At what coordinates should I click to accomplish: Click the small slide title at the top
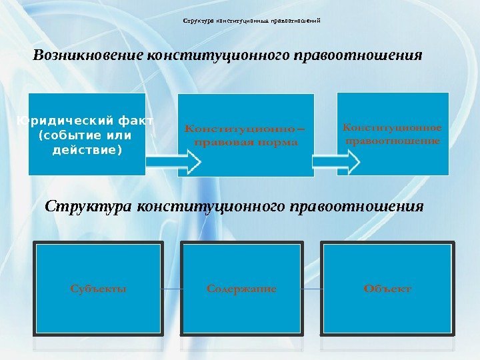coord(252,21)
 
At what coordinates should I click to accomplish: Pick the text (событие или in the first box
coord(86,135)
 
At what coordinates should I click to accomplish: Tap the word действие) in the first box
coord(87,149)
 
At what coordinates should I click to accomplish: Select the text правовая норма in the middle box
coord(245,142)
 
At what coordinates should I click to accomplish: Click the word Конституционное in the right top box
coord(393,127)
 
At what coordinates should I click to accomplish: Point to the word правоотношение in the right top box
coord(393,141)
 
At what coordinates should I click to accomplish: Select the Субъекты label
coord(98,289)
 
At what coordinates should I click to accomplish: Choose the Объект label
coord(387,289)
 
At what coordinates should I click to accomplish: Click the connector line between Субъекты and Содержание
coord(173,289)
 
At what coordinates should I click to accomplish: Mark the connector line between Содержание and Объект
coord(312,289)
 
